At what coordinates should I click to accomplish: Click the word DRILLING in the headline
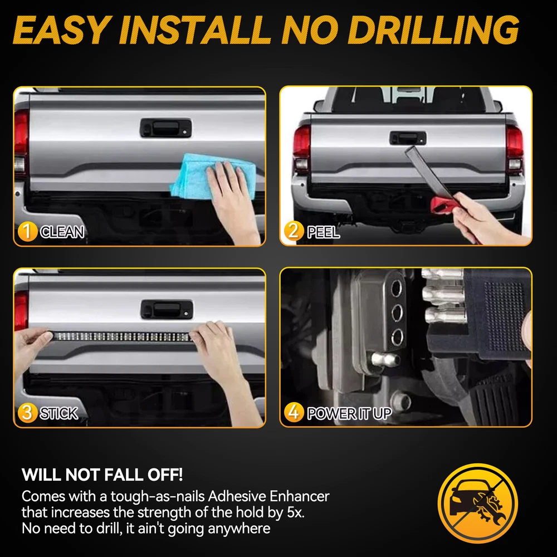433,30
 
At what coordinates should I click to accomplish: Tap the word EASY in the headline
60,30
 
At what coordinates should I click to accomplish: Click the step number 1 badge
27,231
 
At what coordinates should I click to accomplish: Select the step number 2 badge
294,231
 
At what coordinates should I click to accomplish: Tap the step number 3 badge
27,412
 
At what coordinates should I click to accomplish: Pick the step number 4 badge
294,412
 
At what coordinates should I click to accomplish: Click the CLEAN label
62,232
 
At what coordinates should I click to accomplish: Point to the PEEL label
323,232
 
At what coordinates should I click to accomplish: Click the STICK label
59,413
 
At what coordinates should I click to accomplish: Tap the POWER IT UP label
349,413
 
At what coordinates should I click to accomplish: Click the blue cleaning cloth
209,176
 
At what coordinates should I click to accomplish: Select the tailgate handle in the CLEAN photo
166,128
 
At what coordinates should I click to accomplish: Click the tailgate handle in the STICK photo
167,309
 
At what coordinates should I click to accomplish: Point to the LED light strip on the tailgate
121,336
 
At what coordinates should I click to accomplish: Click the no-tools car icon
478,503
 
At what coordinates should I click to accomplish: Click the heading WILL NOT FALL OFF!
102,475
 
